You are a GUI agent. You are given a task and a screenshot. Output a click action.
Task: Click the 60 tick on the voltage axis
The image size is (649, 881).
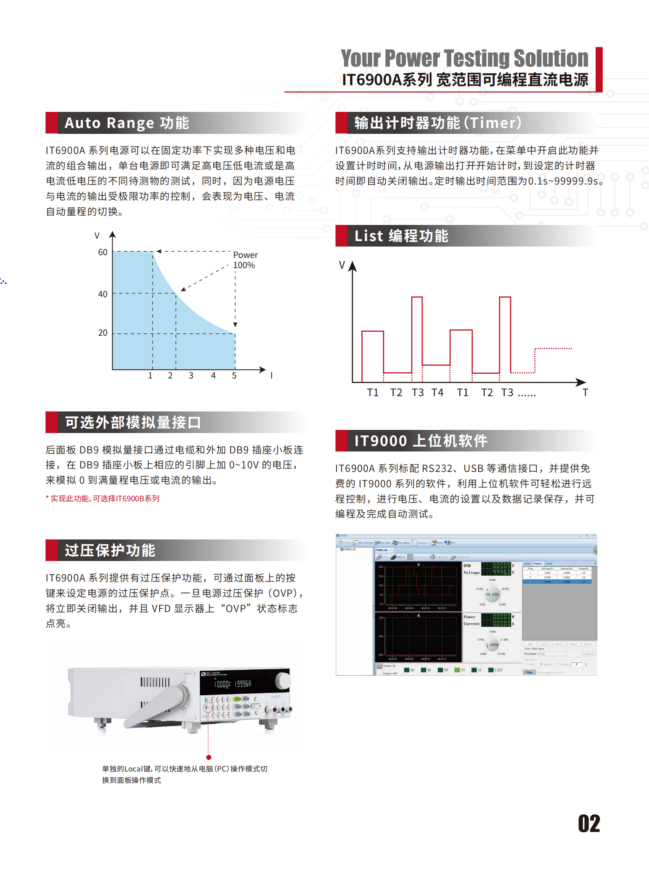click(102, 252)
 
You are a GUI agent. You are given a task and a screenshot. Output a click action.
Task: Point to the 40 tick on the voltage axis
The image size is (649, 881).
click(102, 294)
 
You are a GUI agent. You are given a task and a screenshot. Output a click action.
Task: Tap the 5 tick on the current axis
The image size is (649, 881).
click(234, 375)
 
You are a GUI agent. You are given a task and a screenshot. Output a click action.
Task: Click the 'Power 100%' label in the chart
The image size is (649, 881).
click(245, 260)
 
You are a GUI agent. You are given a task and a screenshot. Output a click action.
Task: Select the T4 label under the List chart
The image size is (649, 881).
click(437, 392)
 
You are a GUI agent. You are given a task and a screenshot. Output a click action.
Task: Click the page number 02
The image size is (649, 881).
click(589, 823)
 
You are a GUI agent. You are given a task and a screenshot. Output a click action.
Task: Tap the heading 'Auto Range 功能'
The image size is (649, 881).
click(126, 123)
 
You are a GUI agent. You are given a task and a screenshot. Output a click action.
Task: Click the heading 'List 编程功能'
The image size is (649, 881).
click(401, 236)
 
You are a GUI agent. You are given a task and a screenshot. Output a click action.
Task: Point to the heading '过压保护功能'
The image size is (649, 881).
click(110, 550)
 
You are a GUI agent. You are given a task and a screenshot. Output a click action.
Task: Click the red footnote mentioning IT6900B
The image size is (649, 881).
click(102, 499)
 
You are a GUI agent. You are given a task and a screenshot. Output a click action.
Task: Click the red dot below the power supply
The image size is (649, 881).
click(209, 757)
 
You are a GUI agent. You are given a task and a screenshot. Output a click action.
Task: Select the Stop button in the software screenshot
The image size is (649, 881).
click(529, 672)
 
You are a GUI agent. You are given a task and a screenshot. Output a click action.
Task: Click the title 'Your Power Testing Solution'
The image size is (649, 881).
click(464, 58)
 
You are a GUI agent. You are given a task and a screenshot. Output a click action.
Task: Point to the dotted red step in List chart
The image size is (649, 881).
click(553, 349)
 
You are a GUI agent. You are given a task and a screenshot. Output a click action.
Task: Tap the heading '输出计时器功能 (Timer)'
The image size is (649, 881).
click(438, 123)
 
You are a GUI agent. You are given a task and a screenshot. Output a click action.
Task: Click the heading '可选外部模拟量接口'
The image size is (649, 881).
click(133, 422)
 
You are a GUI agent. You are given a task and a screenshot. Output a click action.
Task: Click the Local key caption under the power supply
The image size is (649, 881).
click(184, 774)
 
